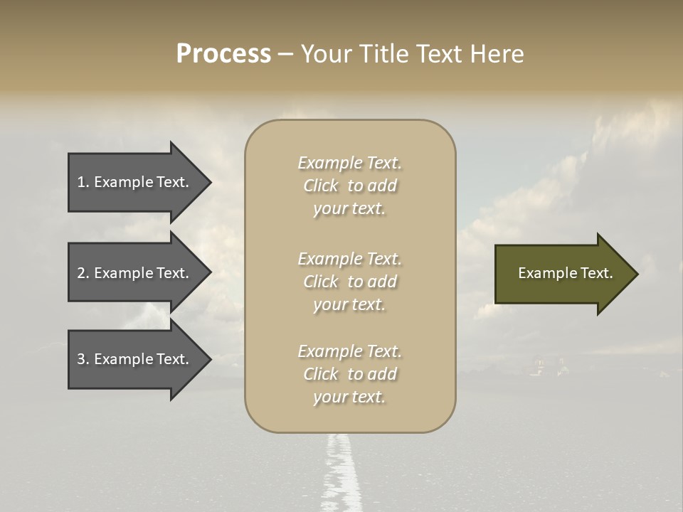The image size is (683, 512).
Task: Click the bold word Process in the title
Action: pyautogui.click(x=223, y=54)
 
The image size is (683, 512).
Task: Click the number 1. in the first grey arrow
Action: pyautogui.click(x=83, y=182)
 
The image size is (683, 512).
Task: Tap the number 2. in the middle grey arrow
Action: pyautogui.click(x=83, y=273)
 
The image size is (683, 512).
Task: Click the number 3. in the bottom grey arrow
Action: pyautogui.click(x=83, y=359)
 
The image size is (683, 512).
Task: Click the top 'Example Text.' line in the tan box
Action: pyautogui.click(x=349, y=163)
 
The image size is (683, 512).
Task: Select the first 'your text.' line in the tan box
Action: pyautogui.click(x=349, y=209)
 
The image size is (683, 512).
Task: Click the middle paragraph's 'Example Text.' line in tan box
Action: pyautogui.click(x=349, y=258)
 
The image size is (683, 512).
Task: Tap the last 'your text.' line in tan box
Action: pyautogui.click(x=349, y=397)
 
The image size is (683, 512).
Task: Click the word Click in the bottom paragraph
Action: pyautogui.click(x=321, y=374)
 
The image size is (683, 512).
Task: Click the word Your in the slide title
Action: pyautogui.click(x=325, y=54)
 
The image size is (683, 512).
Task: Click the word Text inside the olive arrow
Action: pyautogui.click(x=596, y=273)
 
